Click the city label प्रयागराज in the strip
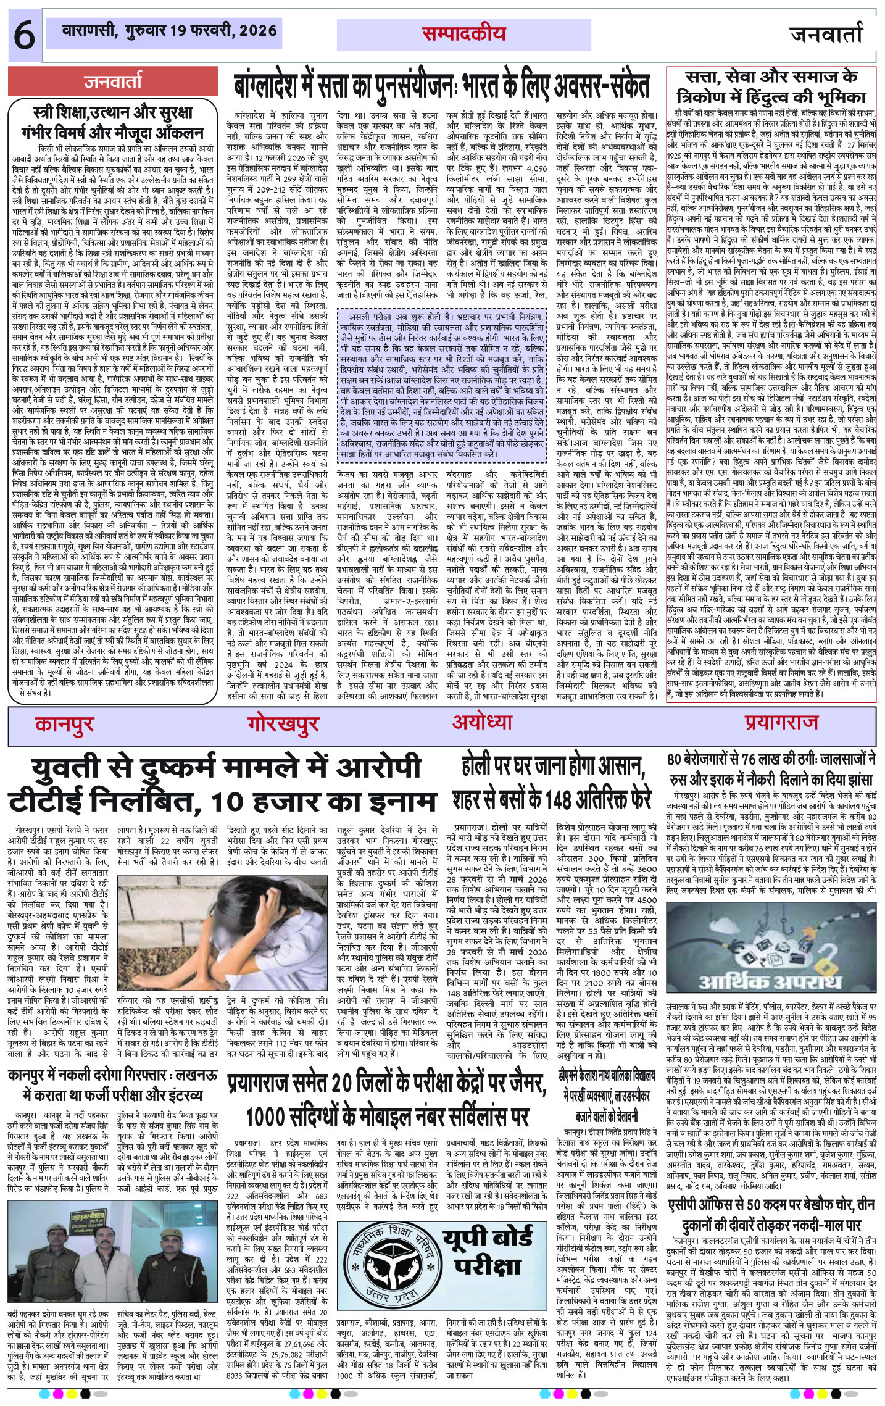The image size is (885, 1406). [781, 722]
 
